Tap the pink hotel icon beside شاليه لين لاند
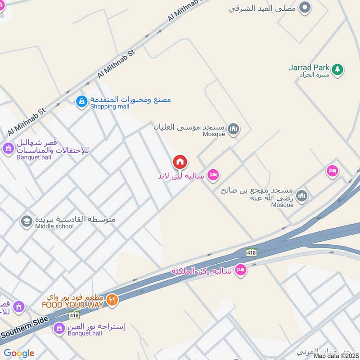213,175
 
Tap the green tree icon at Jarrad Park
337,69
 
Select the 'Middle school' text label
54,226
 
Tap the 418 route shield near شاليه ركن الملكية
252,253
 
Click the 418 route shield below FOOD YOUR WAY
74,315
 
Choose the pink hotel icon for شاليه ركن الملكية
241,270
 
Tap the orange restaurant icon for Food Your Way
112,300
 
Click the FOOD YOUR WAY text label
72,305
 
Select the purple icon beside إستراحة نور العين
58,329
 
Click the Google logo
19,353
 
